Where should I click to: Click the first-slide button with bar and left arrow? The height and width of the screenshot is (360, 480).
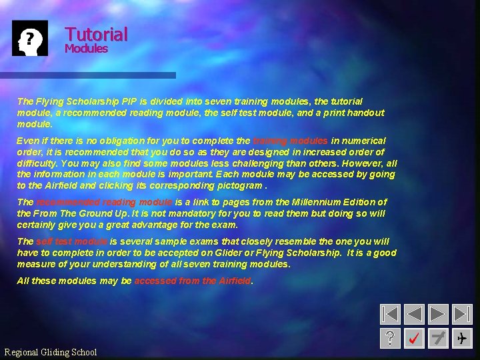tap(390, 314)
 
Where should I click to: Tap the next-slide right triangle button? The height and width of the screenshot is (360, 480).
tap(438, 314)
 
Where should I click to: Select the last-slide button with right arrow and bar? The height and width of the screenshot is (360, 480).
tap(462, 314)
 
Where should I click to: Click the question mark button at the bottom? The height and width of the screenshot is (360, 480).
tap(390, 338)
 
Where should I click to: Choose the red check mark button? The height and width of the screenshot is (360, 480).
tap(414, 338)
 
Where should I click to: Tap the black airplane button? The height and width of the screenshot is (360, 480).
tap(462, 338)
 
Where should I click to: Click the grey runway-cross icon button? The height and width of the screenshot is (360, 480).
tap(438, 338)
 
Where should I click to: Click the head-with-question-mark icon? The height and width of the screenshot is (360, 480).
tap(30, 38)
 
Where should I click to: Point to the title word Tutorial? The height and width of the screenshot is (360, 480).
tap(96, 34)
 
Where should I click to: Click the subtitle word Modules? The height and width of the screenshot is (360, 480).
tap(86, 49)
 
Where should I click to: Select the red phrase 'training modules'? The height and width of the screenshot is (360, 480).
tap(290, 141)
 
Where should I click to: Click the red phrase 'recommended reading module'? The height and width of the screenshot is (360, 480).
tap(104, 202)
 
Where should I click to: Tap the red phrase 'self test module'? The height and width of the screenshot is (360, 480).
tap(72, 241)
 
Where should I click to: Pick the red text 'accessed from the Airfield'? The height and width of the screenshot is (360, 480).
tap(193, 281)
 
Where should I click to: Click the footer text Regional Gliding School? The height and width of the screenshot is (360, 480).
tap(51, 352)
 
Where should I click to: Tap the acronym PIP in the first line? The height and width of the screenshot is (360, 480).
tap(130, 101)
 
